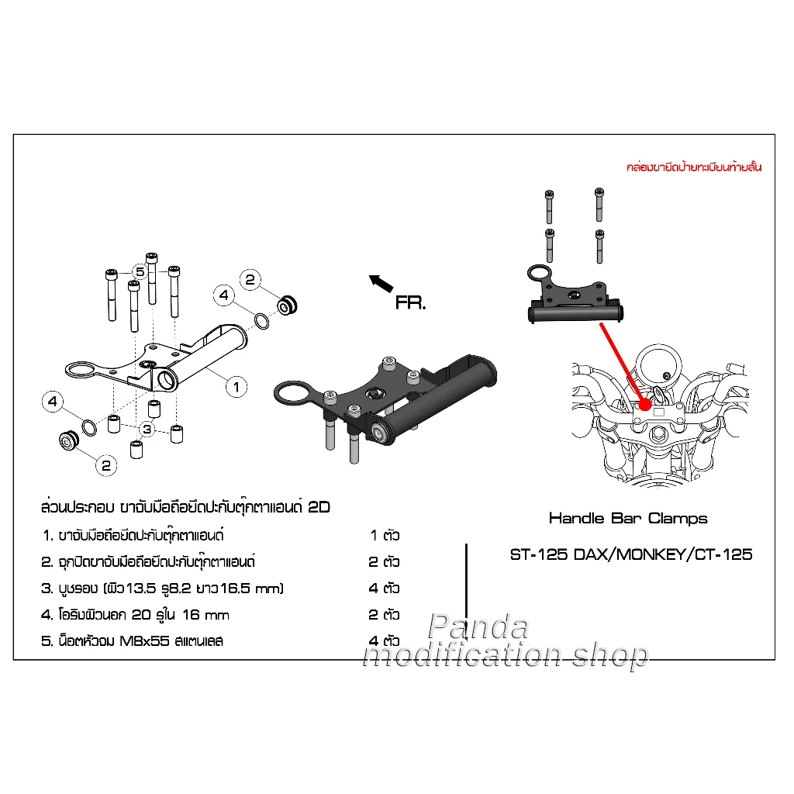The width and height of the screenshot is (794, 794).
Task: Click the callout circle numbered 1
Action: tap(236, 385)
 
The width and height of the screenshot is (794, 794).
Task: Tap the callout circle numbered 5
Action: tap(140, 271)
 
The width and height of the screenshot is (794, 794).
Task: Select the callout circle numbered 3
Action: tap(147, 428)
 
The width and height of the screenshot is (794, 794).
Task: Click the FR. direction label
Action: tap(410, 303)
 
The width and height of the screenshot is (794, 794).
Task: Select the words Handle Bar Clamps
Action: tap(628, 518)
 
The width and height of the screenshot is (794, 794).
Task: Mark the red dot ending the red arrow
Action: tap(644, 404)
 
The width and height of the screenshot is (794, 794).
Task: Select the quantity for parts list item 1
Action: tap(385, 535)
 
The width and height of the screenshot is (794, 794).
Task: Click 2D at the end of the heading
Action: tap(319, 508)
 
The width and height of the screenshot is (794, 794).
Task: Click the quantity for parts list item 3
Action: tap(385, 589)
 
